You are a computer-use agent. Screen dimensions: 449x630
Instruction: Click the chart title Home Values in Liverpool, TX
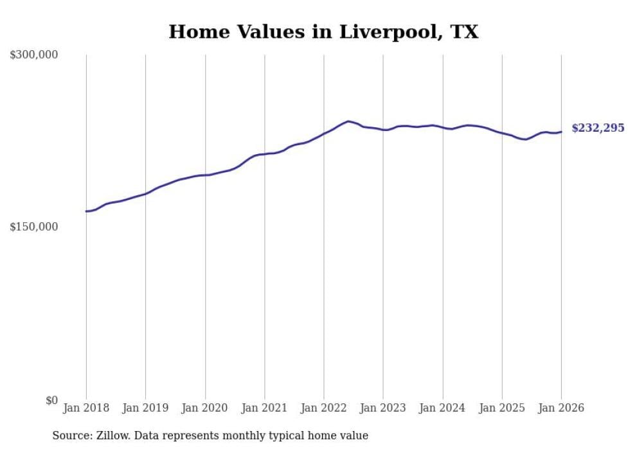[323, 31]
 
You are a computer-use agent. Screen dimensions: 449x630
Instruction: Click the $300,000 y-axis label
[34, 55]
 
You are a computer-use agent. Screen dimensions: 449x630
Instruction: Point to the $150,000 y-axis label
[34, 227]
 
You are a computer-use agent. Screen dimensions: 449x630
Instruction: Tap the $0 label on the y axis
[51, 400]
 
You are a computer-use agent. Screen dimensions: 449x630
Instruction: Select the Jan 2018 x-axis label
[86, 408]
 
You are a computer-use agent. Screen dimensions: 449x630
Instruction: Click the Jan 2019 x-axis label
[145, 408]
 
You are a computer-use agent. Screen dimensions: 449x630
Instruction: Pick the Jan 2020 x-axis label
[205, 408]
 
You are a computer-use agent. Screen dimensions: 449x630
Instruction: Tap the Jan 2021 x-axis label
[264, 408]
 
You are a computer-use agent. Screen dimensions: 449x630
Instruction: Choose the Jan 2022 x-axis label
[324, 408]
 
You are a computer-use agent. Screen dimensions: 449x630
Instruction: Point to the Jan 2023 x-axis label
[383, 408]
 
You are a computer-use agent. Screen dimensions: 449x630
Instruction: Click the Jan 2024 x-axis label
[442, 408]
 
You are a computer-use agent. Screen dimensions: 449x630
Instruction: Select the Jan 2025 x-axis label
[502, 408]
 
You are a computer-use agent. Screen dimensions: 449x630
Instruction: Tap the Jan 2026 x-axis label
[561, 408]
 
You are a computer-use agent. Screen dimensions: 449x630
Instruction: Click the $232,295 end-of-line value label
[598, 128]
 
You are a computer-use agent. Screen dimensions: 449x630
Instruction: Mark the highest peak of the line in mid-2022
[348, 121]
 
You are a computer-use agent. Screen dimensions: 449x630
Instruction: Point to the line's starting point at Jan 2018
[86, 211]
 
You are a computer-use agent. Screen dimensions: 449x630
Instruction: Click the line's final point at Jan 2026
[561, 132]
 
